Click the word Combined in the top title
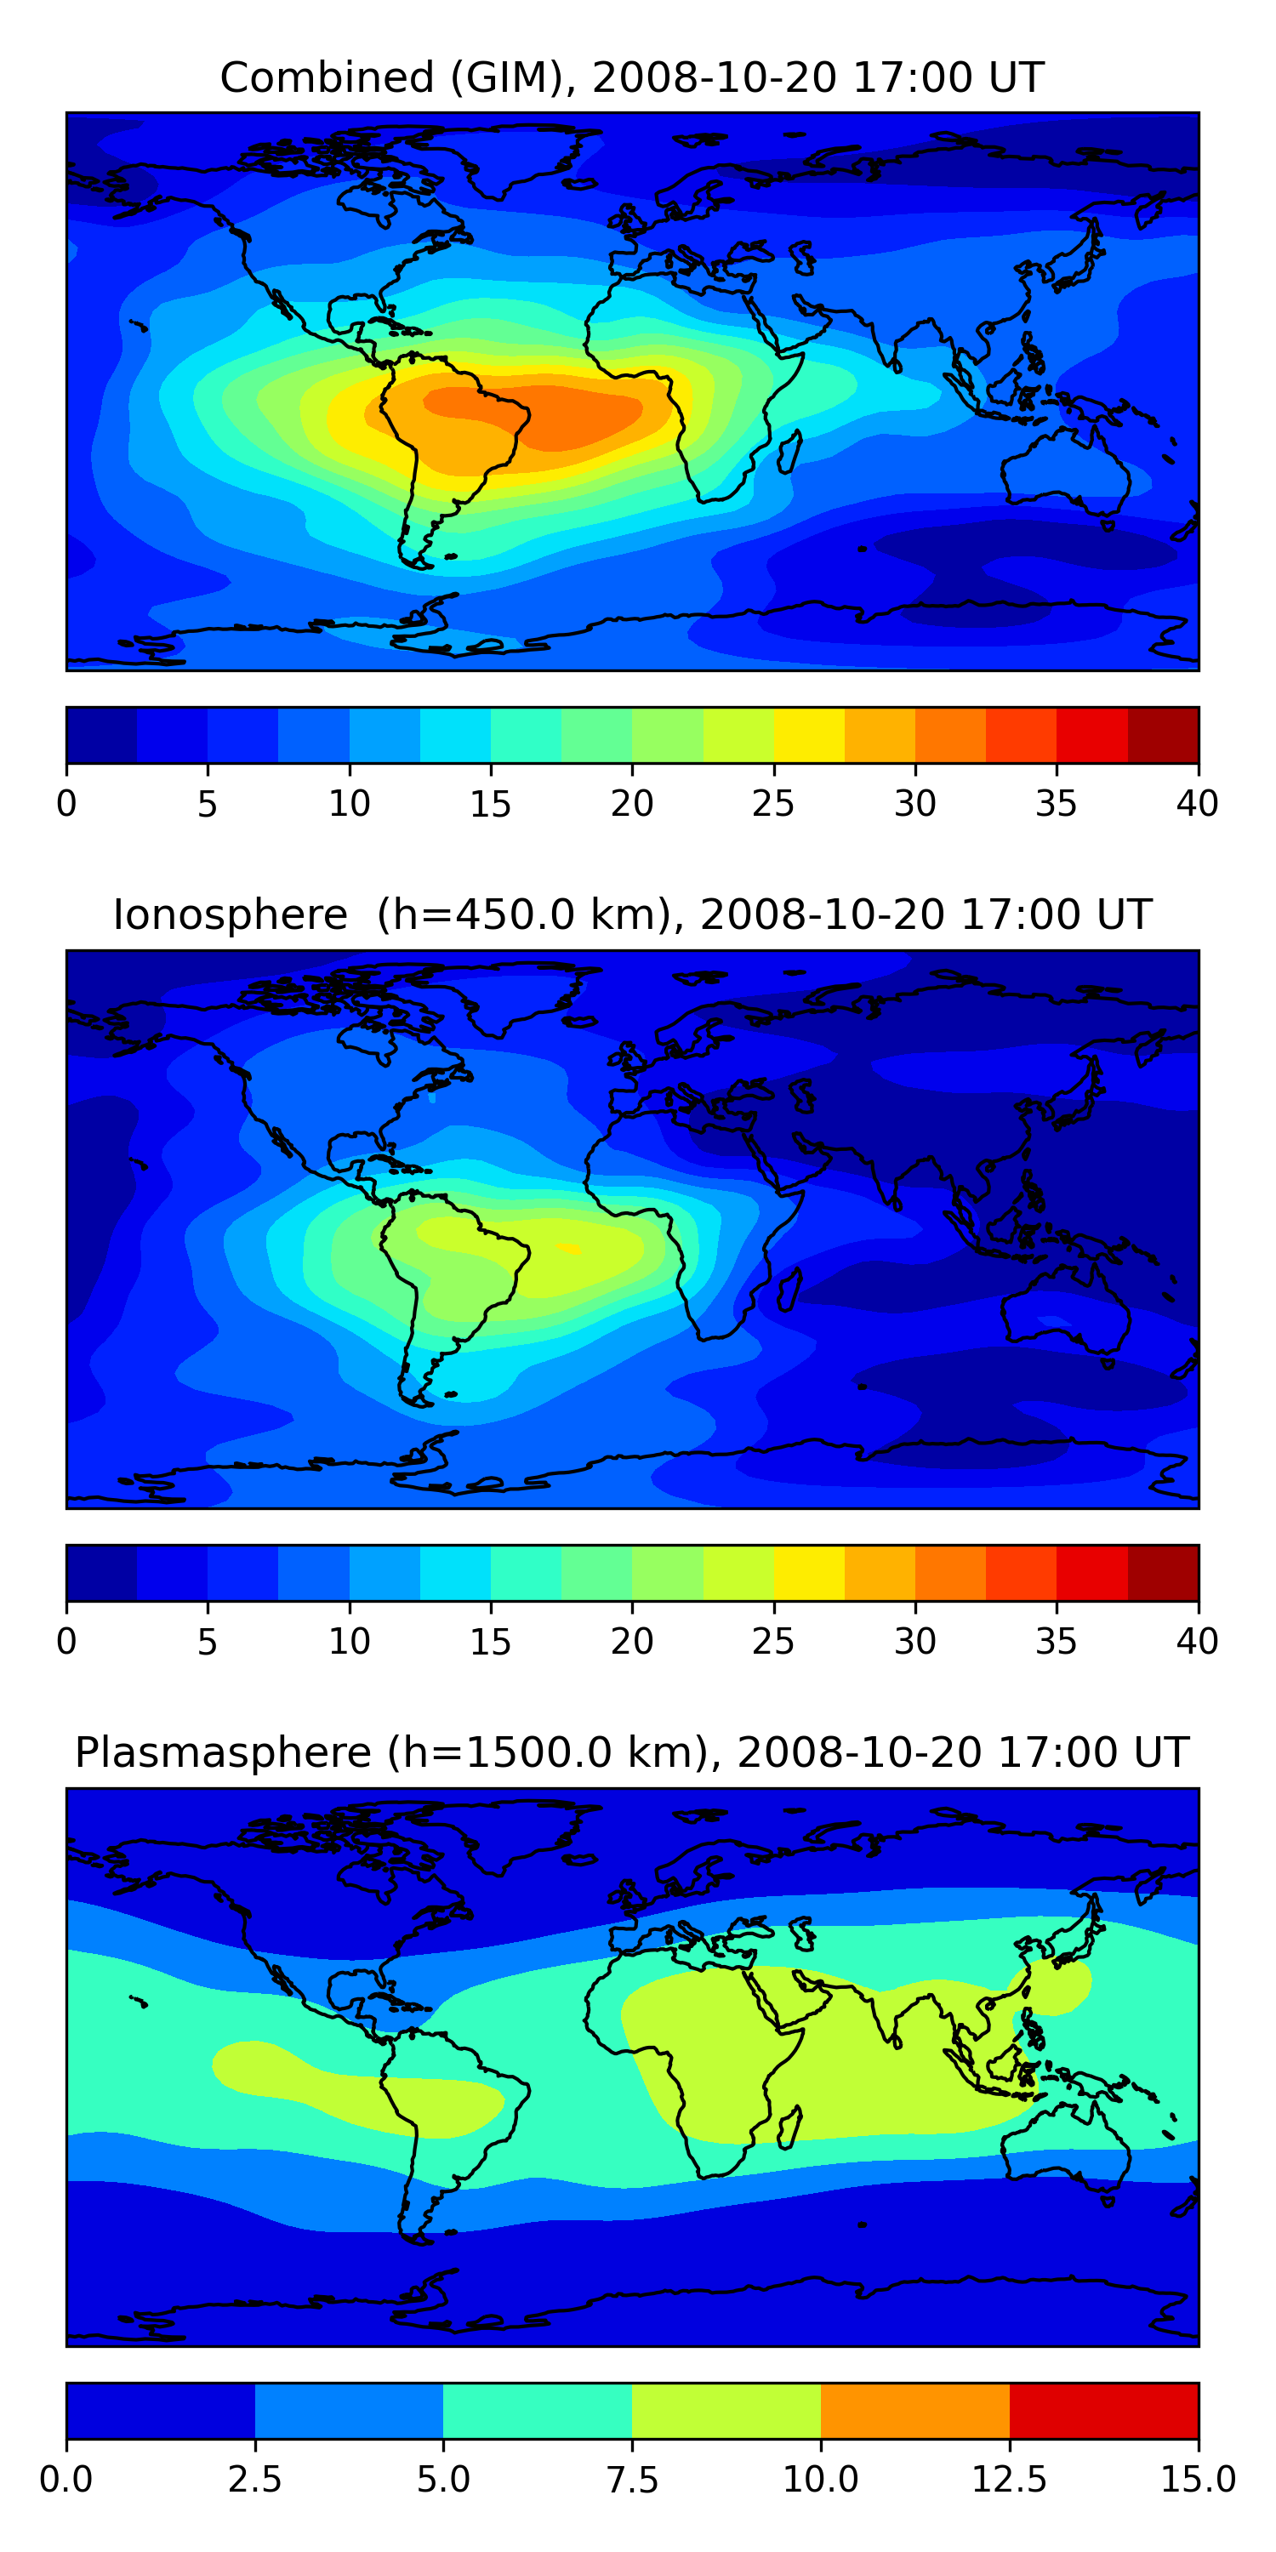[x=327, y=77]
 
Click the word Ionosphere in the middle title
[x=230, y=914]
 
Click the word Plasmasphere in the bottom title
[x=223, y=1753]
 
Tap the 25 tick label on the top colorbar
[x=772, y=803]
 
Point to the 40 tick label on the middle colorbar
[x=1198, y=1642]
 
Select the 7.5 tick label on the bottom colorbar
[x=632, y=2480]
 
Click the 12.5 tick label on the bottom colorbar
[x=1010, y=2480]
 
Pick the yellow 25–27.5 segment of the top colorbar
[x=809, y=735]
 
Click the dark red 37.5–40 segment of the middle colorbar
[x=1163, y=1573]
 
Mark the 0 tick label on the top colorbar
[x=66, y=803]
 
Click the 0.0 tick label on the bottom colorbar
[x=66, y=2480]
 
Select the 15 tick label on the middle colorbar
[x=490, y=1642]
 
